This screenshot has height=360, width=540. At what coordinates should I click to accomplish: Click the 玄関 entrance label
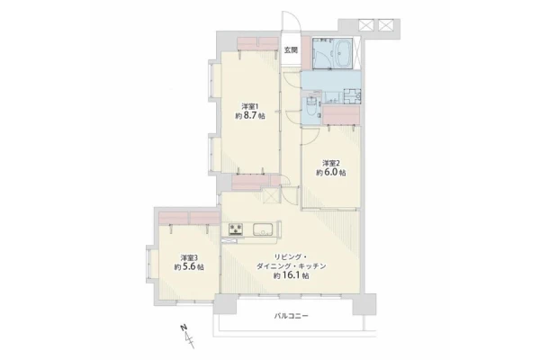(x=291, y=50)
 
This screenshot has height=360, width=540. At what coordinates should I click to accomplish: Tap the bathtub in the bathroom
(x=343, y=53)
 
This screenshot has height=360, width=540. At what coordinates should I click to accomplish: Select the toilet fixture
(x=311, y=107)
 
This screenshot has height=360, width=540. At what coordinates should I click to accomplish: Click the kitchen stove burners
(x=236, y=229)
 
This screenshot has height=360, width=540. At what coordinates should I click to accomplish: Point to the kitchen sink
(x=264, y=229)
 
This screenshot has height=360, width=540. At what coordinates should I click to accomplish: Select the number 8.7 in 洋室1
(x=250, y=116)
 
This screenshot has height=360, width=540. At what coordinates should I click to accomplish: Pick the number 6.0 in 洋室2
(x=331, y=173)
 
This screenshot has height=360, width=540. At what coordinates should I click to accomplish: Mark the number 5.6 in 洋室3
(x=189, y=267)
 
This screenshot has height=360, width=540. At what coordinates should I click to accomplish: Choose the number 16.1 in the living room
(x=292, y=276)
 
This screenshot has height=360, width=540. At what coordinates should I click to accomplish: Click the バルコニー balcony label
(x=291, y=316)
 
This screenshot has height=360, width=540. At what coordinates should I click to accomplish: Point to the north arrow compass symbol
(x=188, y=335)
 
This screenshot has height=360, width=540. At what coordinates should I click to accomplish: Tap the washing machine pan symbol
(x=352, y=95)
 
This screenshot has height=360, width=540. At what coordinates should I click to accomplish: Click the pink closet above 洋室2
(x=341, y=115)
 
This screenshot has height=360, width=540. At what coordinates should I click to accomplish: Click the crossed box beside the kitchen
(x=271, y=197)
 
